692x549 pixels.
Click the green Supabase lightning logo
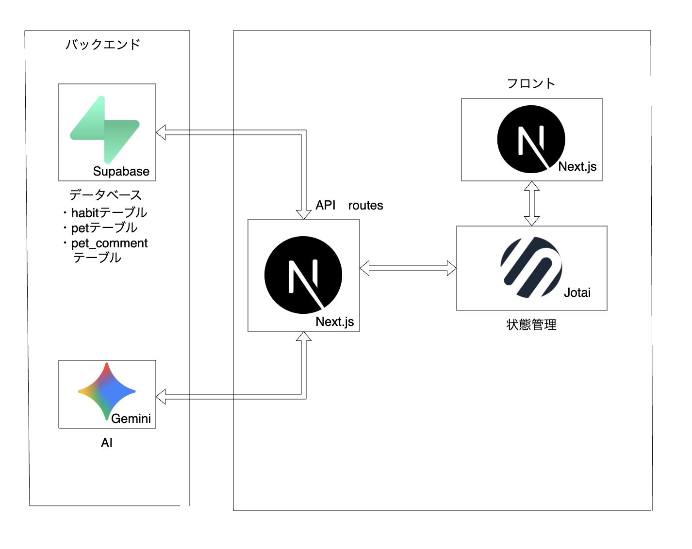[x=105, y=129]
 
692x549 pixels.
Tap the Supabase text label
[x=121, y=171]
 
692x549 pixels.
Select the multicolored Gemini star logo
[x=106, y=391]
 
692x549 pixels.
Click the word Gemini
[x=131, y=419]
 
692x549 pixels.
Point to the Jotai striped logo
[x=531, y=267]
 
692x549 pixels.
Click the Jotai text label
[x=577, y=292]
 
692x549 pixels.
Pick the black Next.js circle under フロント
[x=531, y=139]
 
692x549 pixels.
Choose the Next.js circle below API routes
[x=303, y=275]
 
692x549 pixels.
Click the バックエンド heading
[x=103, y=45]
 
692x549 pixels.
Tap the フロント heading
[x=531, y=83]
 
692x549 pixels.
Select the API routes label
[x=349, y=205]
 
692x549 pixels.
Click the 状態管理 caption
[x=531, y=324]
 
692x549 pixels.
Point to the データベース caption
[x=105, y=195]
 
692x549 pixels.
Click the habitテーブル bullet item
[x=109, y=212]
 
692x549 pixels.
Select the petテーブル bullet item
[x=104, y=227]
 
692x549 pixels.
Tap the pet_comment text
[x=109, y=243]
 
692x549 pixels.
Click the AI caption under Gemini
[x=107, y=443]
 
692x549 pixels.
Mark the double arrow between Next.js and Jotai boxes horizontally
[x=408, y=268]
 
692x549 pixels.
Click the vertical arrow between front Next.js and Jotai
[x=532, y=203]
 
